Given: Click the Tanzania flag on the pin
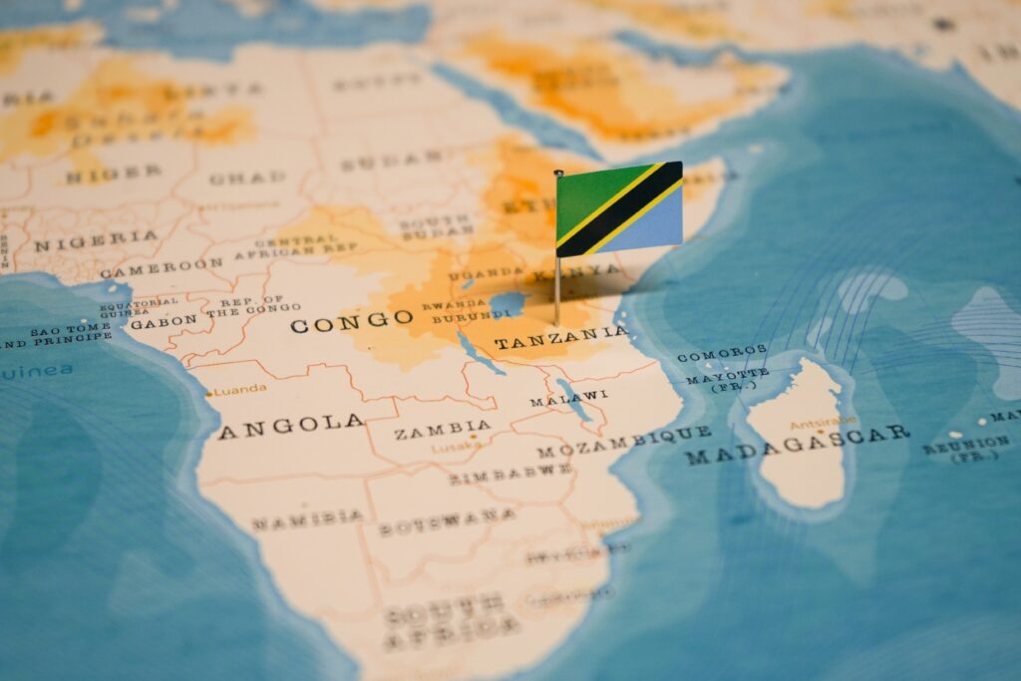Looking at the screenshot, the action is [619, 209].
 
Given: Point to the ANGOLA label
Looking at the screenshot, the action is [291, 424].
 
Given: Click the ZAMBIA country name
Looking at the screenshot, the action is [443, 431].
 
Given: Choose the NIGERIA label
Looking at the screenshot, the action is [96, 239].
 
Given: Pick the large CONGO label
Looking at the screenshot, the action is [351, 321].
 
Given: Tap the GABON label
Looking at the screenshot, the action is [164, 322].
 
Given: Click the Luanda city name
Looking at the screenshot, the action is [239, 389].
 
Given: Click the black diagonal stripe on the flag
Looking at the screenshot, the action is [619, 210].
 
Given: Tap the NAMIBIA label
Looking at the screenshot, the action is [307, 519].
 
